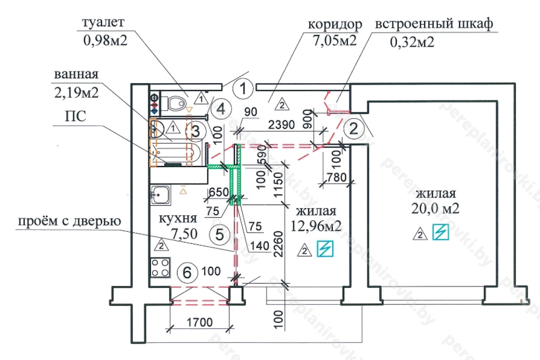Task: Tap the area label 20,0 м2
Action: (x=436, y=208)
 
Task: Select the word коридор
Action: (x=335, y=25)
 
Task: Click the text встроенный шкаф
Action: (x=434, y=24)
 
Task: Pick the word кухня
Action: (x=178, y=219)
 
